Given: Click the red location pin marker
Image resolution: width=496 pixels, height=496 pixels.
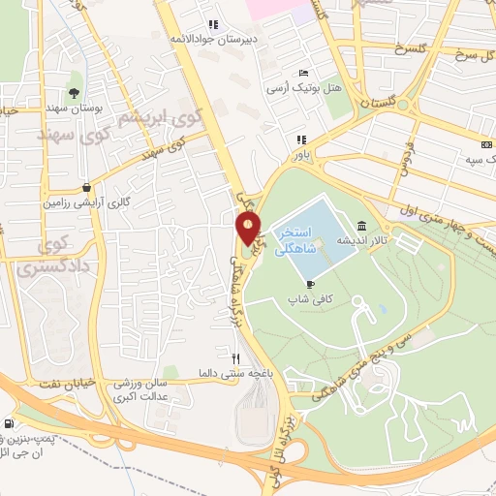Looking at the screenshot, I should (x=249, y=229).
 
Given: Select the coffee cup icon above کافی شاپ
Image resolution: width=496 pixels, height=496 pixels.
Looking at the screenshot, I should (x=310, y=284).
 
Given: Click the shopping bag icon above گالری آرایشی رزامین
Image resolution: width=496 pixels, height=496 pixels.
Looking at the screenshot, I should (x=87, y=187).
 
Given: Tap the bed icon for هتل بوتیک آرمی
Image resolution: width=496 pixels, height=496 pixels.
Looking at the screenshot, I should (x=304, y=73).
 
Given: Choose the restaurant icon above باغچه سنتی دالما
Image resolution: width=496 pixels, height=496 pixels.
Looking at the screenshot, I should (x=222, y=358).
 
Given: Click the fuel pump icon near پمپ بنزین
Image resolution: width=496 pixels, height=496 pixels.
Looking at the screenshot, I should (x=10, y=423).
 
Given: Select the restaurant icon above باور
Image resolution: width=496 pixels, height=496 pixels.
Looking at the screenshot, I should (x=301, y=139).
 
